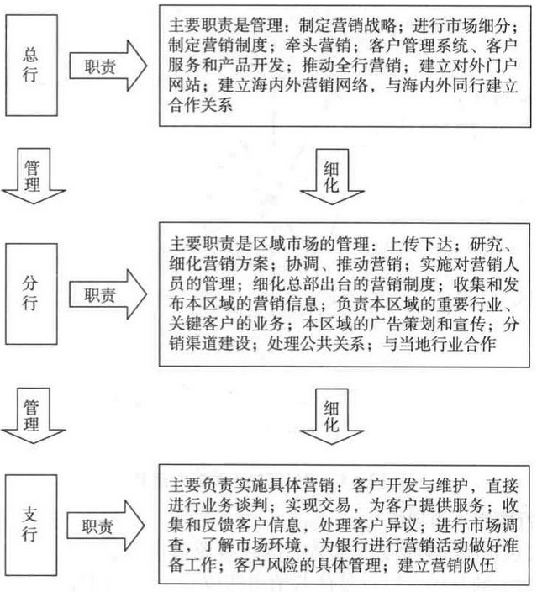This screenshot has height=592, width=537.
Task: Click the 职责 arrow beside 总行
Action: (108, 66)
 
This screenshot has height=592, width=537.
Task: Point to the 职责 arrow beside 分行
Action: (108, 294)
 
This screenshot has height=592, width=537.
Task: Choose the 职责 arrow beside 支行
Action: (106, 526)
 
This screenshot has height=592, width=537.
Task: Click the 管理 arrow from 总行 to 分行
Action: (34, 176)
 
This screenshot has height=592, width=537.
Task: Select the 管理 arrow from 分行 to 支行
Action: (34, 415)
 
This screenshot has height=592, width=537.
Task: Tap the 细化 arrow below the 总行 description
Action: (332, 177)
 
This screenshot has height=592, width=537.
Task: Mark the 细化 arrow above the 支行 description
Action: (332, 416)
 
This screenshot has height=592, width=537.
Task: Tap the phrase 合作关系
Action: (200, 105)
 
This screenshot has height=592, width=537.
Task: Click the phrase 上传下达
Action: (419, 244)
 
